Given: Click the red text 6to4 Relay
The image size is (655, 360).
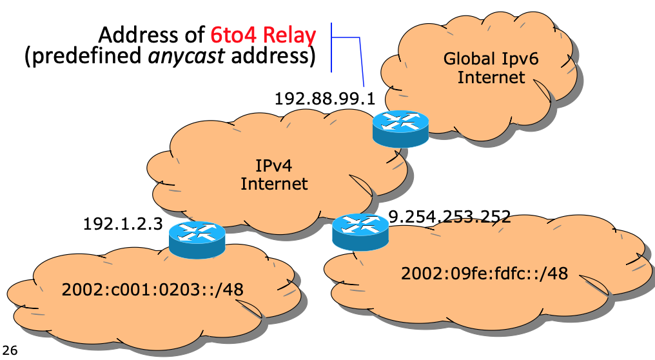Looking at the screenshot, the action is [262, 34].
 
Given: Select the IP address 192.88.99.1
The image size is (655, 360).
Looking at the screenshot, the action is [324, 99].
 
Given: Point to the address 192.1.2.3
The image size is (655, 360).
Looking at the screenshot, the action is [122, 224].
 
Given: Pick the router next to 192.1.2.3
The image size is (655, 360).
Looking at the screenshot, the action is [197, 239].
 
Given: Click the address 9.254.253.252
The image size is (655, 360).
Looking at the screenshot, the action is [450, 216].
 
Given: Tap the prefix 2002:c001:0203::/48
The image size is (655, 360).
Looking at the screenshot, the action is [153, 289].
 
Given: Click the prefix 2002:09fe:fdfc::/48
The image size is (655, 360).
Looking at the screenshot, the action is [484, 274].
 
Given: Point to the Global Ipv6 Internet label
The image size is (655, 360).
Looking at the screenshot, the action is [491, 68].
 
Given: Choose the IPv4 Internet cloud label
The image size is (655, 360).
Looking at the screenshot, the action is [274, 175].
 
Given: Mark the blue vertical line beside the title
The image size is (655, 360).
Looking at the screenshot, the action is [331, 47].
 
